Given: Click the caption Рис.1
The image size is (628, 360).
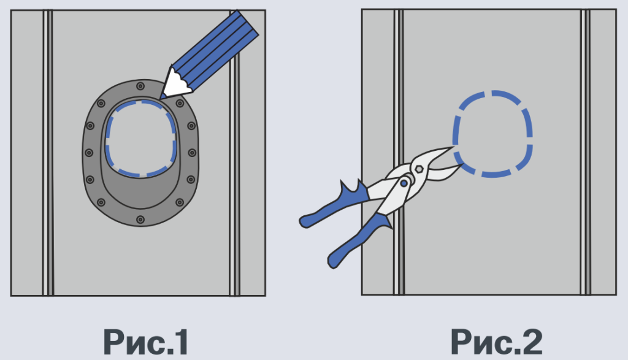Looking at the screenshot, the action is point(146,342).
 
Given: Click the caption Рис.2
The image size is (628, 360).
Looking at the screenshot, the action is point(497,342).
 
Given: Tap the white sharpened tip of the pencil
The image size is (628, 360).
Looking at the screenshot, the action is point(175,83).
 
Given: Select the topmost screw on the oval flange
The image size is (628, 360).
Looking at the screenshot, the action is point(140,86).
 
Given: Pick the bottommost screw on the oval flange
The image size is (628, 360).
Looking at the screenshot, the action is point(140,220).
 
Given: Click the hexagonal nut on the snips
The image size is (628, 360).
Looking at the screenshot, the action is point(419,169).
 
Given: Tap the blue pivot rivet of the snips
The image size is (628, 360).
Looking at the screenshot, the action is point(404,183).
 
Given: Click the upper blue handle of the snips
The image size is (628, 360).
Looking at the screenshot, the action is point(334,204).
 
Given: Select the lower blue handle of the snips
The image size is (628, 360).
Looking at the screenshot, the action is point(358,240).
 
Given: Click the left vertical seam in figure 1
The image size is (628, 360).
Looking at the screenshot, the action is point(48,153).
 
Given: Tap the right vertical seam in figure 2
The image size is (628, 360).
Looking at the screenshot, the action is point(586,152).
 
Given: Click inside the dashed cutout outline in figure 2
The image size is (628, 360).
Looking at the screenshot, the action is point(493,134).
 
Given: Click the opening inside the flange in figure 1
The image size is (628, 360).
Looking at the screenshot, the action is point(140,138).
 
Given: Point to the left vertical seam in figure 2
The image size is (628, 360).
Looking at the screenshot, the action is point(399,152).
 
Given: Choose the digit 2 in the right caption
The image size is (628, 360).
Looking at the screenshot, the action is point(532,342).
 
